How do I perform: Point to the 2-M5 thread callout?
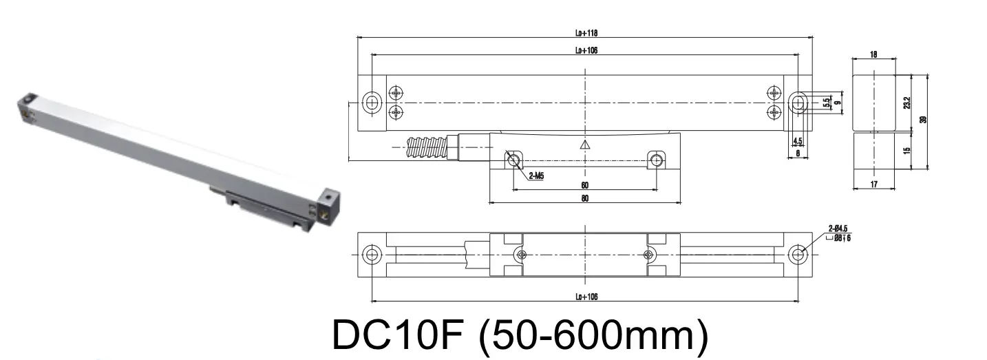point(538,176)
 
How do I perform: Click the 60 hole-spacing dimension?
point(585,185)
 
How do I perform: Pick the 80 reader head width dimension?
point(585,199)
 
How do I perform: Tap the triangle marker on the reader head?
point(585,145)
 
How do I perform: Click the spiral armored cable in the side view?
point(427,147)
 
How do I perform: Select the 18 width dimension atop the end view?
point(873,54)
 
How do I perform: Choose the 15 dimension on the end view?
point(906,150)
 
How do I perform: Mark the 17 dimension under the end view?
point(873,184)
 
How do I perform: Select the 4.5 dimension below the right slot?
point(798,142)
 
